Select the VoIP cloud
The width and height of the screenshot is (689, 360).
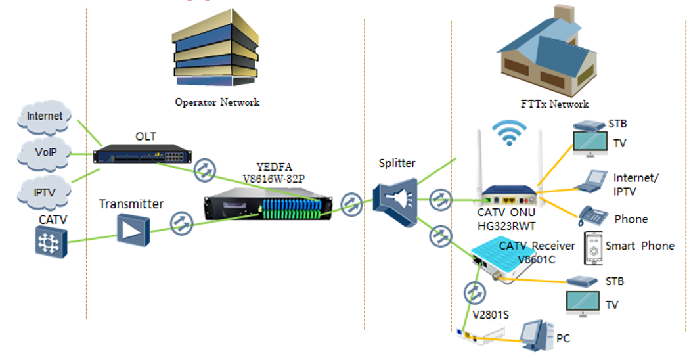click(45, 153)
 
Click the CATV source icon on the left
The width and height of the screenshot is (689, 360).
click(52, 241)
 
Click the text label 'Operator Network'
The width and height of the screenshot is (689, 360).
click(217, 102)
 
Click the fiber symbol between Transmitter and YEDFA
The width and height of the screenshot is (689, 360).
click(180, 222)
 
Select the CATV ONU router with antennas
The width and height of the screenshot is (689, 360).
click(510, 192)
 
